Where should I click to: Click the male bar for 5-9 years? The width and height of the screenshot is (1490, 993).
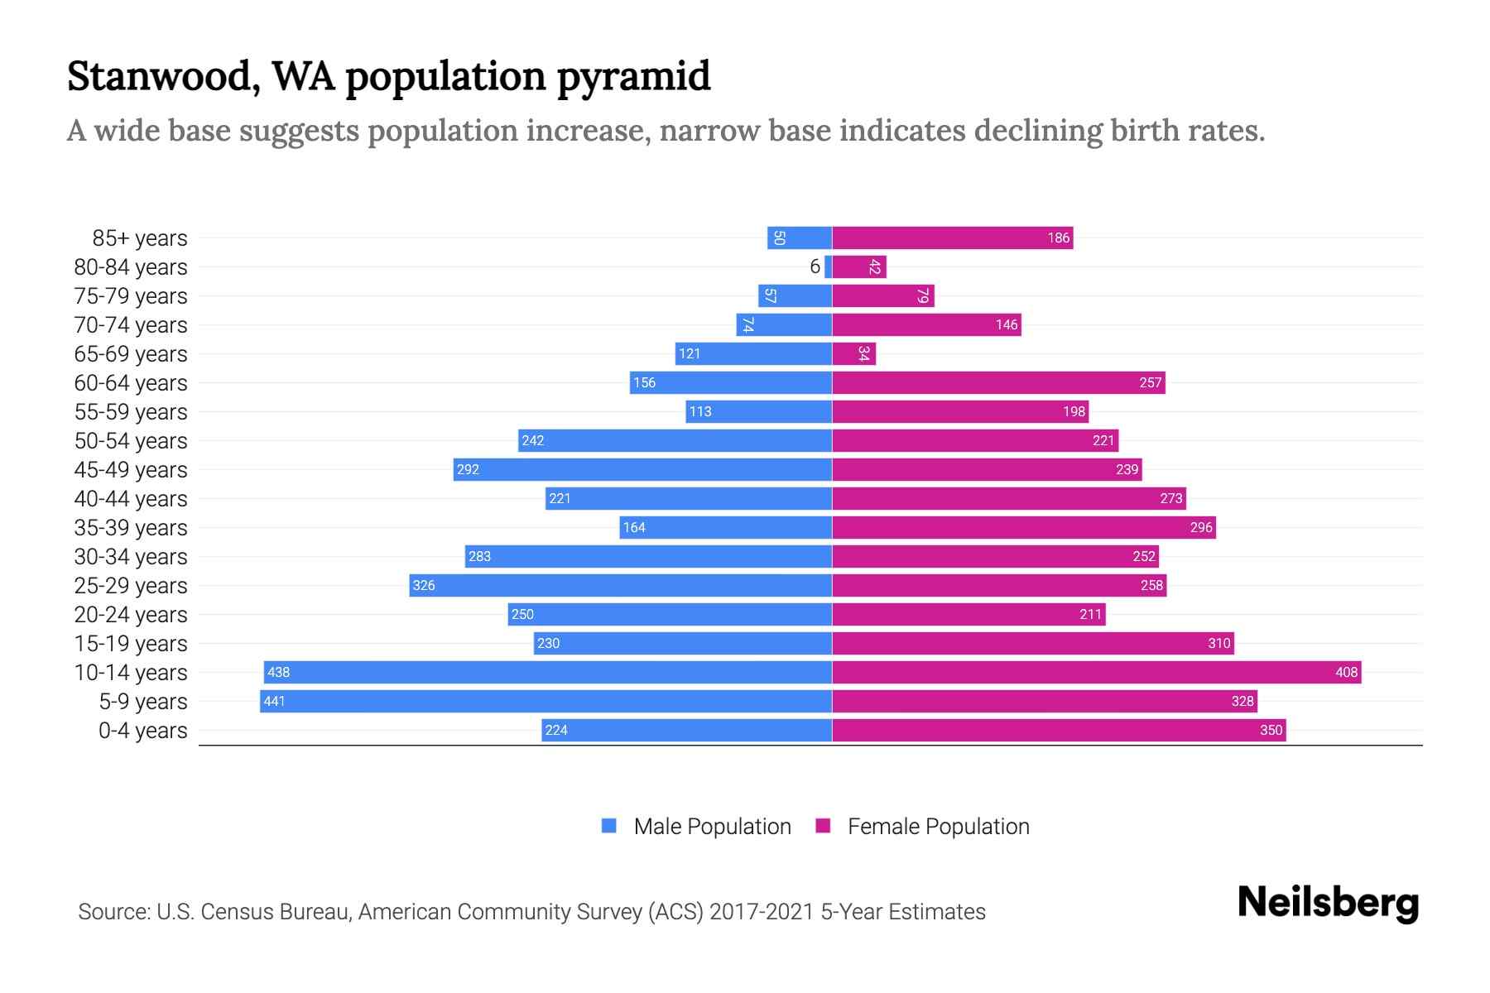(x=546, y=702)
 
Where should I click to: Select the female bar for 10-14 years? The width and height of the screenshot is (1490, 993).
(x=1097, y=673)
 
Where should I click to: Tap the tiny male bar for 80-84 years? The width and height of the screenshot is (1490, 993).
(x=829, y=267)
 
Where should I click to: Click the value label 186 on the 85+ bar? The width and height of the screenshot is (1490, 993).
(x=1059, y=238)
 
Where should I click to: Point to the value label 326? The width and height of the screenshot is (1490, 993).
(x=424, y=586)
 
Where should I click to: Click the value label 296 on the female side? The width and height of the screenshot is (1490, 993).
(x=1201, y=528)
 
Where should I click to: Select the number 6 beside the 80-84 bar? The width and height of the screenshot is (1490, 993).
(x=815, y=266)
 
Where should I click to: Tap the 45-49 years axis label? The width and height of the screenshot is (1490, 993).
(x=131, y=470)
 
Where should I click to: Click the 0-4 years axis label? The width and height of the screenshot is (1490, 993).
(x=142, y=731)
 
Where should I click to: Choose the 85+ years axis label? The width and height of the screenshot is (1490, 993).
(x=140, y=238)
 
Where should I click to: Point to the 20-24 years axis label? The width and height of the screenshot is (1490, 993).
(x=131, y=615)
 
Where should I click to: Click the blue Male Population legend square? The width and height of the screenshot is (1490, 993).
(x=609, y=826)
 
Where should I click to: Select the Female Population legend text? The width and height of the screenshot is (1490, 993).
(x=939, y=827)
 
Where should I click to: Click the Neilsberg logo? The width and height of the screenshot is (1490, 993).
(x=1328, y=903)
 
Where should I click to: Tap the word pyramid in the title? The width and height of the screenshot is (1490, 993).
(x=633, y=77)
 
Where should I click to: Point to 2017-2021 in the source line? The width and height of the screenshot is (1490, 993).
(x=762, y=912)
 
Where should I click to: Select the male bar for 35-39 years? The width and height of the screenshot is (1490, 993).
(x=725, y=528)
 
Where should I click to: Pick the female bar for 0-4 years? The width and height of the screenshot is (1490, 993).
(x=1059, y=731)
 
